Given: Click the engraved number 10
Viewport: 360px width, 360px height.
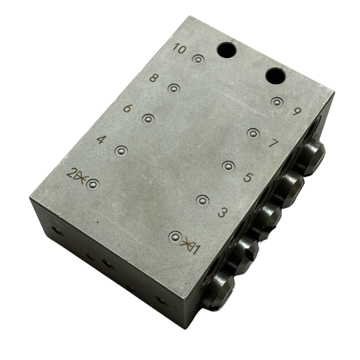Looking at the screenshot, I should tap(179, 48).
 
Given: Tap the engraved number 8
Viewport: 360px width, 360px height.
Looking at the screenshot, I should tap(154, 78).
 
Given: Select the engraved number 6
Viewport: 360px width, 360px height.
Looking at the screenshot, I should tap(128, 109).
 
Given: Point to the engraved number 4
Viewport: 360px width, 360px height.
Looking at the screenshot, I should tap(101, 140).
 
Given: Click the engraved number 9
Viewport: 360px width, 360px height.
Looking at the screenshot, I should tap(297, 112).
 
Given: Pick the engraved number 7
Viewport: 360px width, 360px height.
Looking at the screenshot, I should tap(273, 143).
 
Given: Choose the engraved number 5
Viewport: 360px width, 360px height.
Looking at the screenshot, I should tap(247, 177).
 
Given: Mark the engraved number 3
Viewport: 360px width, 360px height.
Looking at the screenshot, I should tap(223, 213).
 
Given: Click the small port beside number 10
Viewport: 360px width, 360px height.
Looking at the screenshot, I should tap(197, 60).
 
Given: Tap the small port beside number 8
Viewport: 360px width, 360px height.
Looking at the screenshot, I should tap(174, 88).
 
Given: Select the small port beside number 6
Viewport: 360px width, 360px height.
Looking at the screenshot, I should tap(148, 119).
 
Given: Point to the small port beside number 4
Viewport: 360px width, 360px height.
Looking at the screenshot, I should tap(121, 151).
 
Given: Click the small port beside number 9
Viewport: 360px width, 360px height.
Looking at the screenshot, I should tap(278, 102).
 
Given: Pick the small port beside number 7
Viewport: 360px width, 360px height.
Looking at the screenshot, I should tap(253, 133).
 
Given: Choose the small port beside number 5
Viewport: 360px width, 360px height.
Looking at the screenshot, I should tap(228, 166).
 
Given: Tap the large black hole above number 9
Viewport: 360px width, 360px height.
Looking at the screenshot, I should tap(275, 76).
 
